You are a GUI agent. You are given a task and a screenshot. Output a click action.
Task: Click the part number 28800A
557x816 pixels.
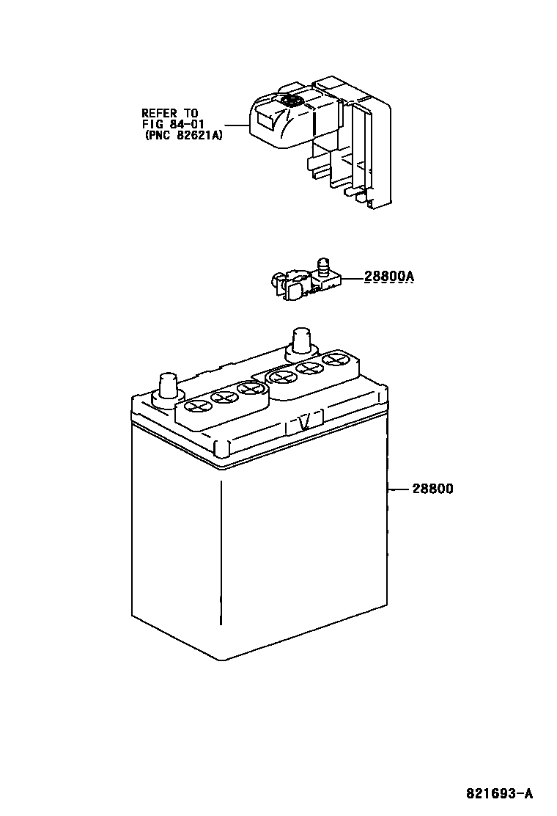pos(389,277)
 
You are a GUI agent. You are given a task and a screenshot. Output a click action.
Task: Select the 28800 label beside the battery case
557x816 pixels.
pos(432,488)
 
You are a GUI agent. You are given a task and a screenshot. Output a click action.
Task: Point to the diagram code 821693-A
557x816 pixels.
pos(499,793)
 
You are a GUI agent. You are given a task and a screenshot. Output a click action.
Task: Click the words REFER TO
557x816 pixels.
pos(169,113)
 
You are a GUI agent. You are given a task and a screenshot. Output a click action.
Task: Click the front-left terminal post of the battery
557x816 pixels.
pos(166,387)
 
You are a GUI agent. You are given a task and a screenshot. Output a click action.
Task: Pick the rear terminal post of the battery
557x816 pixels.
pos(302,340)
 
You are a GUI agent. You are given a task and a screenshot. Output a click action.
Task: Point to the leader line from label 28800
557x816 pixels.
pos(399,488)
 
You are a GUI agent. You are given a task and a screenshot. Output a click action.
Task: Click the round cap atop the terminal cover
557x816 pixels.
pos(289,101)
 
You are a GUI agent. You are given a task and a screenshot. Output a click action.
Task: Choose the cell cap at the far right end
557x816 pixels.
pos(336,360)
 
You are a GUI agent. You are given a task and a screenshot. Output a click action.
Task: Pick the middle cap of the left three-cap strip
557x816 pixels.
pos(222,397)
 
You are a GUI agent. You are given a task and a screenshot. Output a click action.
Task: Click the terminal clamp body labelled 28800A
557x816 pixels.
pos(293,285)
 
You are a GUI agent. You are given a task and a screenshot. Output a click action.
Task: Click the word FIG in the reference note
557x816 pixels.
pos(151,124)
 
